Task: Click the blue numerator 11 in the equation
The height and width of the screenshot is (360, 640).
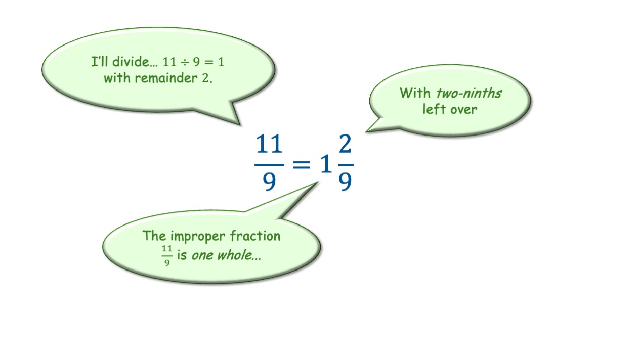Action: (269, 146)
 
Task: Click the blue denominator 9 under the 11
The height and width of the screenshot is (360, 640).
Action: (269, 181)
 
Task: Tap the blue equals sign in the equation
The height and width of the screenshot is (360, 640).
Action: (302, 163)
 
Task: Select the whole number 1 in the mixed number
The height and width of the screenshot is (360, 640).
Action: (325, 164)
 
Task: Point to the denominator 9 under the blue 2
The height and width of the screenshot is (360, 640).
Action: (345, 181)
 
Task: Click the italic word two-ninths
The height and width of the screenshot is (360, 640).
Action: (468, 93)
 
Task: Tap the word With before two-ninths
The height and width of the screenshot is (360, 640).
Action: (414, 93)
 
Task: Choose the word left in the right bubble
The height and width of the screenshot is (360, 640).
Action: (433, 109)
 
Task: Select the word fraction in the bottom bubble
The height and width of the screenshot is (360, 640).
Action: (255, 236)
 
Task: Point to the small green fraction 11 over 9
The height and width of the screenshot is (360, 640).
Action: (167, 256)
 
